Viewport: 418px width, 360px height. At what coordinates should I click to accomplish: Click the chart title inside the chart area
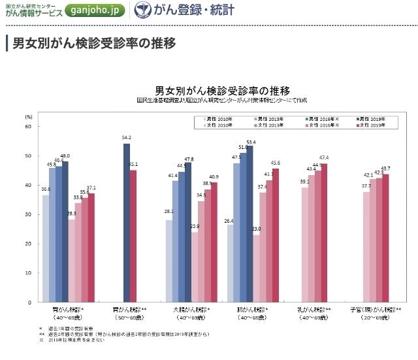[x=222, y=90]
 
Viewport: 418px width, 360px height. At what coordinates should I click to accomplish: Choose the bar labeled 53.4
[x=250, y=224]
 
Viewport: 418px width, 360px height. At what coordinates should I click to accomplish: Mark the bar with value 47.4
[x=324, y=233]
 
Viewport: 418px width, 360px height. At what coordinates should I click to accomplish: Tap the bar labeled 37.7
[x=366, y=247]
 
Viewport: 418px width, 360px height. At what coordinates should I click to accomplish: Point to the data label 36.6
[x=46, y=189]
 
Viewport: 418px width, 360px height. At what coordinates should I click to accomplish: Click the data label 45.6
[x=276, y=162]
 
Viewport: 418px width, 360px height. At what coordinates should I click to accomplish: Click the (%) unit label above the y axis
[x=28, y=116]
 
